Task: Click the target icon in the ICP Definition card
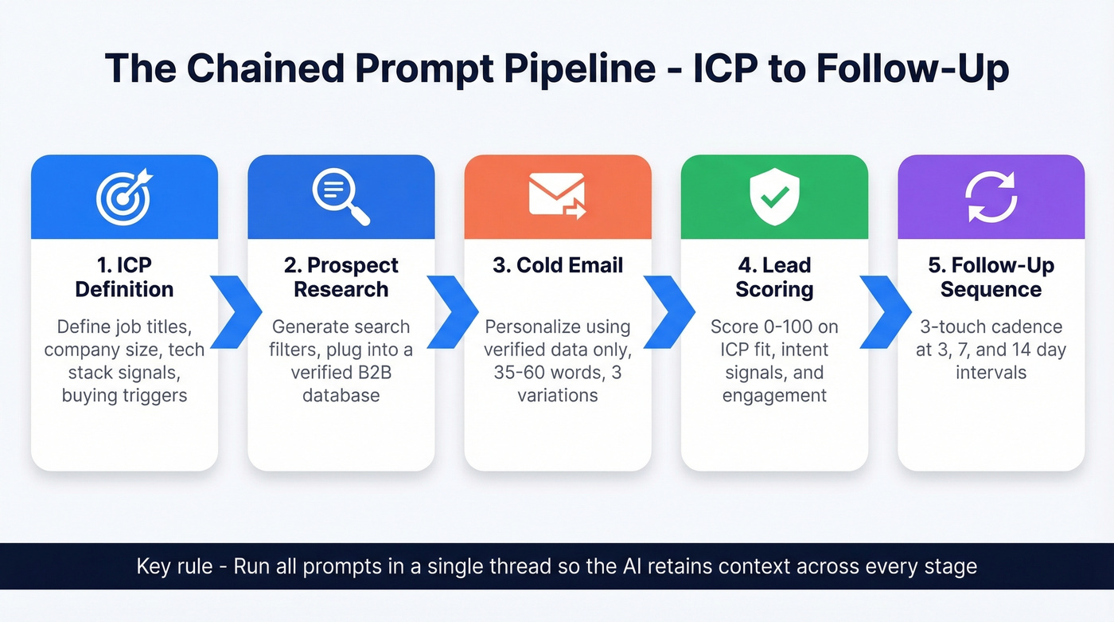pos(123,198)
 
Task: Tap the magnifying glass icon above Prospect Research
pos(341,197)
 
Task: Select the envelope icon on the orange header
pos(557,196)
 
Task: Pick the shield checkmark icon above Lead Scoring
pos(774,197)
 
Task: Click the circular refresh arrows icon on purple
pos(991,197)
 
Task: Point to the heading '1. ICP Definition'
pos(124,277)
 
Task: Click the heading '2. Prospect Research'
pos(341,277)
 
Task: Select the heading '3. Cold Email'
pos(557,265)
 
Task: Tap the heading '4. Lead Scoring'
pos(774,277)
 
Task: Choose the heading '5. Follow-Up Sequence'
pos(991,277)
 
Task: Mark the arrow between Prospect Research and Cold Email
pos(450,312)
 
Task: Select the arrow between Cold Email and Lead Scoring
pos(667,312)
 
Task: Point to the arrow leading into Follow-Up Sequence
pos(883,312)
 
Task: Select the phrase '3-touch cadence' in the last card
pos(991,327)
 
